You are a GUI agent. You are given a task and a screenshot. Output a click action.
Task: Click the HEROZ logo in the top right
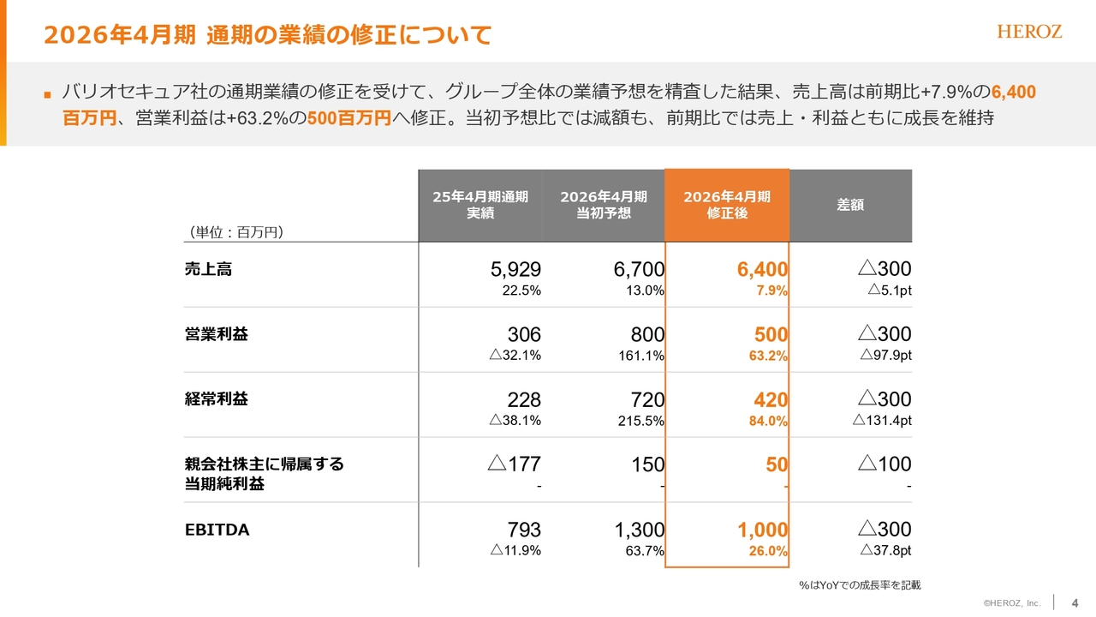pyautogui.click(x=1029, y=32)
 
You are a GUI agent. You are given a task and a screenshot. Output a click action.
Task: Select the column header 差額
pyautogui.click(x=849, y=205)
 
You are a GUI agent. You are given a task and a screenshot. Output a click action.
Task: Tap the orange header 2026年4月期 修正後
pyautogui.click(x=727, y=205)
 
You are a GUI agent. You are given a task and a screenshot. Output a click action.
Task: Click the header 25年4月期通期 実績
pyautogui.click(x=480, y=205)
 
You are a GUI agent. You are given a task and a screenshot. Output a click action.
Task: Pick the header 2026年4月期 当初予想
pyautogui.click(x=604, y=205)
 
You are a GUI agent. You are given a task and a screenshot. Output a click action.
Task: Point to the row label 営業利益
pyautogui.click(x=216, y=334)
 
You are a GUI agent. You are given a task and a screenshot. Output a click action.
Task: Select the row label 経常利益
pyautogui.click(x=216, y=399)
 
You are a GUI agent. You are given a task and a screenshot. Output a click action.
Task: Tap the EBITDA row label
pyautogui.click(x=217, y=530)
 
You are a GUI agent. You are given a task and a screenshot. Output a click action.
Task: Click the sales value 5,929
pyautogui.click(x=515, y=270)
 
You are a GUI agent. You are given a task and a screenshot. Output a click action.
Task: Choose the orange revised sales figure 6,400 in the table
pyautogui.click(x=762, y=270)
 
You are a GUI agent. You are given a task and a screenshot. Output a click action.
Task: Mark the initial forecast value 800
pyautogui.click(x=647, y=334)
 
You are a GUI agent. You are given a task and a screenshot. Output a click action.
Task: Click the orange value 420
pyautogui.click(x=771, y=399)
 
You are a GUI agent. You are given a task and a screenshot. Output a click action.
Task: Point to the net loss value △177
pyautogui.click(x=514, y=464)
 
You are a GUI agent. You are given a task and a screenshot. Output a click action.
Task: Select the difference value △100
pyautogui.click(x=885, y=464)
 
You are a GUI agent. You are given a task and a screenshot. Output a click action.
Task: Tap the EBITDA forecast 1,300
pyautogui.click(x=640, y=530)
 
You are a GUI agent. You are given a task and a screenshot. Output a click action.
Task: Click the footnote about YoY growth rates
pyautogui.click(x=860, y=584)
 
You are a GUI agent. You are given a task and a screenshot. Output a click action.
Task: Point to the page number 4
pyautogui.click(x=1075, y=602)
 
